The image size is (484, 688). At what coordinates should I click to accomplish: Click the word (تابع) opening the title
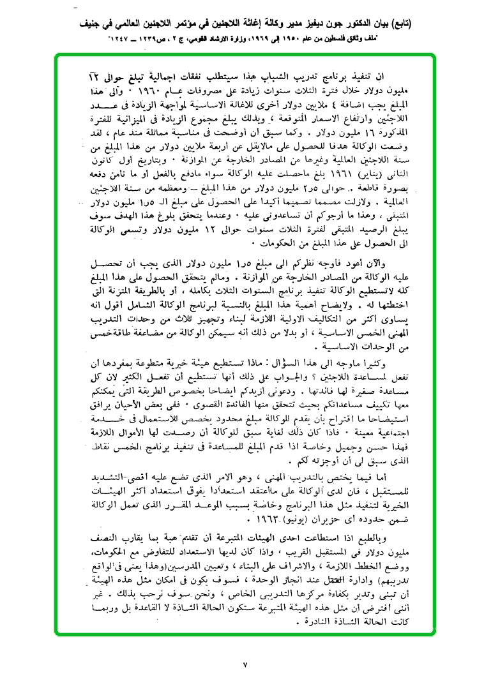tap(402, 24)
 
